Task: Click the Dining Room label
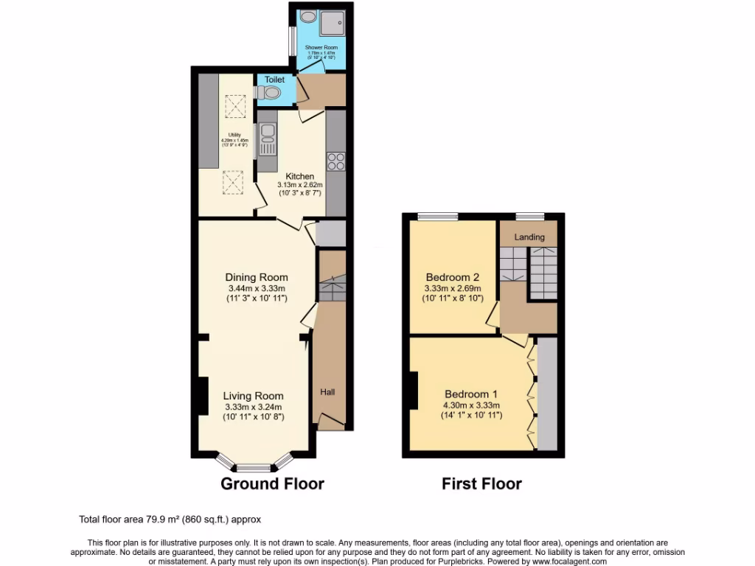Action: tap(256, 277)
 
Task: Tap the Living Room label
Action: tap(254, 396)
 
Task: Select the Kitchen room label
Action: tap(300, 176)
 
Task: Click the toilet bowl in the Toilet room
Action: tap(270, 93)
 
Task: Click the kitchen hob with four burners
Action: tap(335, 161)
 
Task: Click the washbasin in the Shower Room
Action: tap(307, 16)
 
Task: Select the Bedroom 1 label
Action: tap(472, 394)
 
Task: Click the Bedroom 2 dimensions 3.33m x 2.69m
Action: tap(452, 289)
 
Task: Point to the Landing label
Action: tap(529, 237)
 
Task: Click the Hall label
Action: tap(327, 391)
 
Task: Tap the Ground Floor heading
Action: tap(272, 484)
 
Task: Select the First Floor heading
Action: tap(481, 484)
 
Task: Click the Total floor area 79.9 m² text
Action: tap(170, 520)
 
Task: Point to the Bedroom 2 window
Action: tap(437, 216)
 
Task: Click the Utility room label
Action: tap(234, 135)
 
